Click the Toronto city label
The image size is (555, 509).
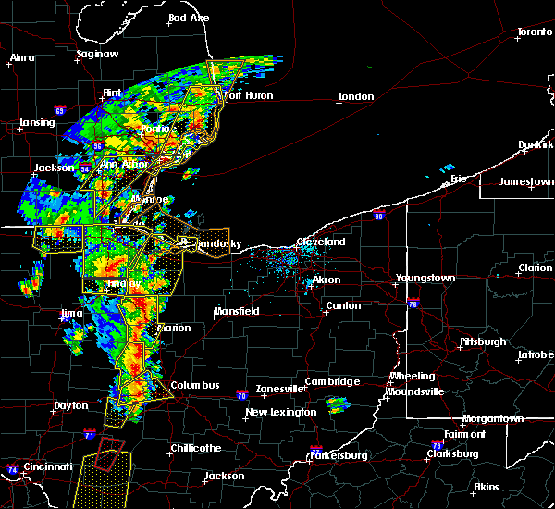point(534,32)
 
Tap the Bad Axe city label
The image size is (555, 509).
point(189,19)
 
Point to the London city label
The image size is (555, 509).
point(356,96)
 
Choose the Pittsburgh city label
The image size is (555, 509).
point(484,342)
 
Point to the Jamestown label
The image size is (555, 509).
point(526,181)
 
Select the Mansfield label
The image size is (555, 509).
point(237,311)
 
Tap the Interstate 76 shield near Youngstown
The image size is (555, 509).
point(413,304)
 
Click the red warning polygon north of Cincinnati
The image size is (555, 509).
point(110,452)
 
